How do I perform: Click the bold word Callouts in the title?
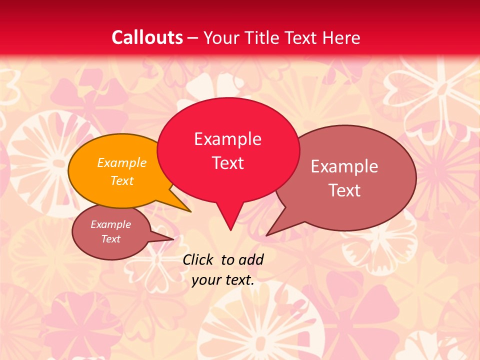click(147, 37)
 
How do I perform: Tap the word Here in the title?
click(341, 37)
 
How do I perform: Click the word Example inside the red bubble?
click(227, 139)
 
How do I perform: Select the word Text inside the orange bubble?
click(122, 181)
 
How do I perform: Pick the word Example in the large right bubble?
click(344, 166)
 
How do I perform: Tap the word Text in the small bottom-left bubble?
click(111, 239)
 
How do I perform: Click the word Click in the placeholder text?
click(197, 259)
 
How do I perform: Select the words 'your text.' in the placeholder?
click(223, 279)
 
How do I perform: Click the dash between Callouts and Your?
click(193, 37)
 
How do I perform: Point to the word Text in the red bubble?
click(228, 163)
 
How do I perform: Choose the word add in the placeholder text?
click(251, 259)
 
